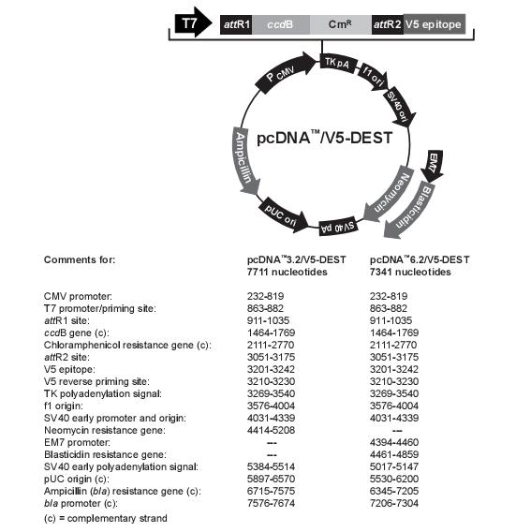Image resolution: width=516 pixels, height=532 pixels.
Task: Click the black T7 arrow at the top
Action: (193, 23)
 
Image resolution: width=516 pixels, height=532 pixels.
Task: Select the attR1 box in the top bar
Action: (236, 24)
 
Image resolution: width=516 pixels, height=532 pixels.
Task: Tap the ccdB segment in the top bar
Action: (281, 24)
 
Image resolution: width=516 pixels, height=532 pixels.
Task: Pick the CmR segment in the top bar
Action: (341, 24)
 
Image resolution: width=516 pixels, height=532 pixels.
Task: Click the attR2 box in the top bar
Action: (388, 24)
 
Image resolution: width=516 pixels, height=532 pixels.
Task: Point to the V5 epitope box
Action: (435, 24)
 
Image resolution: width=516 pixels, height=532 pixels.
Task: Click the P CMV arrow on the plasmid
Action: (285, 73)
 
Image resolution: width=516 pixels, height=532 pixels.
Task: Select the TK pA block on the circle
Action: (337, 64)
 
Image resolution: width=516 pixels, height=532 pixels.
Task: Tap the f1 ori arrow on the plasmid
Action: (373, 77)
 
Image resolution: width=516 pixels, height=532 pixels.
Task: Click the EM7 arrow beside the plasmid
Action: (433, 165)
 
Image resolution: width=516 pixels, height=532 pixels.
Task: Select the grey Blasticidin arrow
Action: (410, 211)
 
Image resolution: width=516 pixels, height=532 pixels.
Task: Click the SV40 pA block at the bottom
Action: (337, 227)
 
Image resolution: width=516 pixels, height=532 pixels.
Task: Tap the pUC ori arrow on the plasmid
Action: (283, 214)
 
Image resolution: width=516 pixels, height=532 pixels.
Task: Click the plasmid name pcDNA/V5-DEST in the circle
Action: (325, 138)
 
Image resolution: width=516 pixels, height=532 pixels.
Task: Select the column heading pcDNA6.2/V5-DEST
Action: (420, 259)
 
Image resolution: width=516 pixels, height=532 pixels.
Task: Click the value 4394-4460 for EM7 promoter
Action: (394, 442)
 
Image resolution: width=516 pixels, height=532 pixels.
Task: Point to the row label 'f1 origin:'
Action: (64, 406)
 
